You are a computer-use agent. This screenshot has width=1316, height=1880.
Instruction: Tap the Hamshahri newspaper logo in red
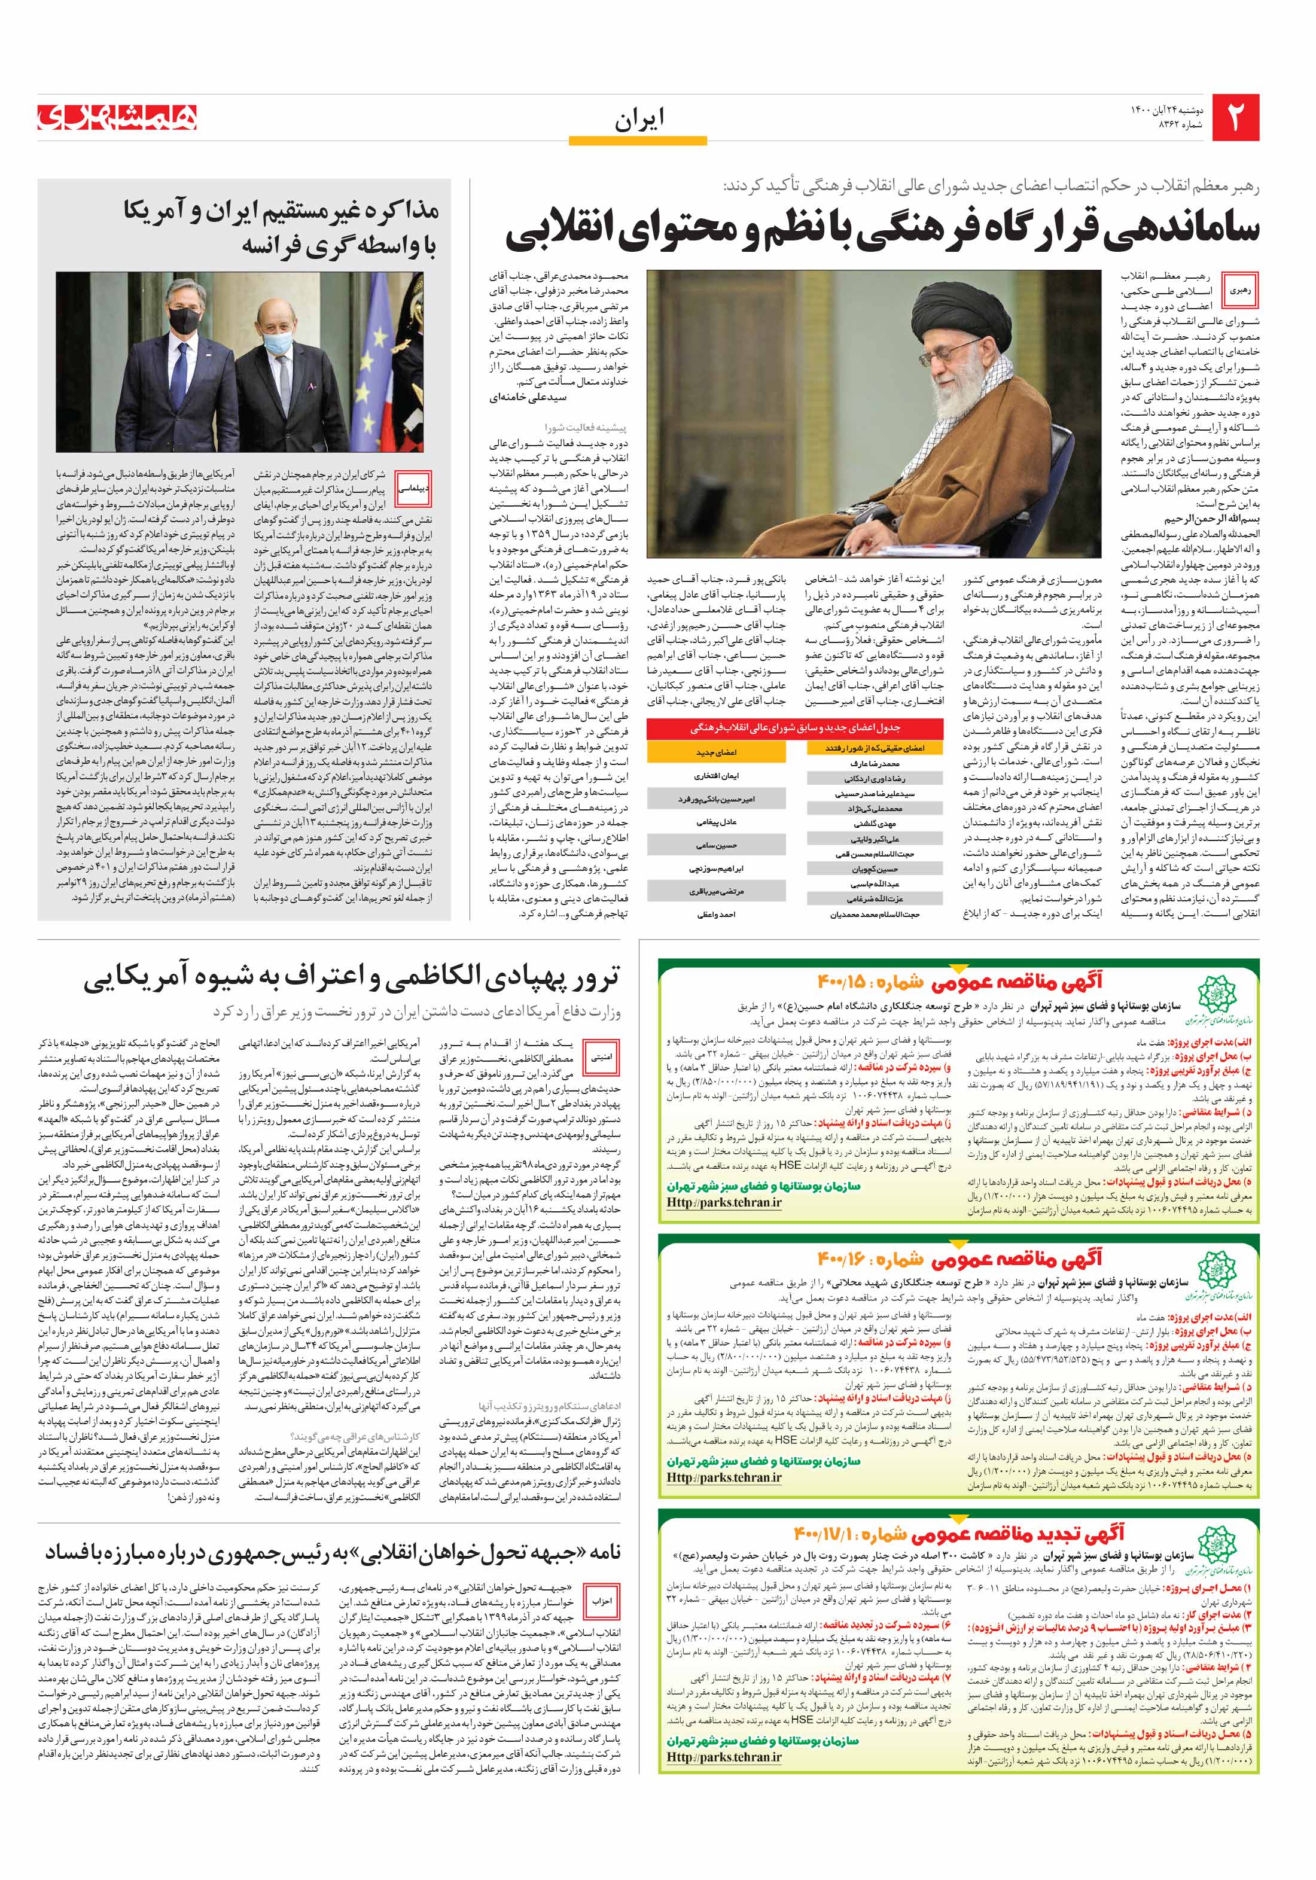[x=117, y=117]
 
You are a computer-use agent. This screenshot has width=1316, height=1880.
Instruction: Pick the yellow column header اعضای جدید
[x=716, y=752]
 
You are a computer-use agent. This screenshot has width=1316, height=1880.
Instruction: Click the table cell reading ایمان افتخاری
[x=716, y=775]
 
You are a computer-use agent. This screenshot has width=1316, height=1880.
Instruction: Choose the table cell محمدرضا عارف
[x=875, y=763]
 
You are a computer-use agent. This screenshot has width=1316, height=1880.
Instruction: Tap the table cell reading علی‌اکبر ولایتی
[x=875, y=839]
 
